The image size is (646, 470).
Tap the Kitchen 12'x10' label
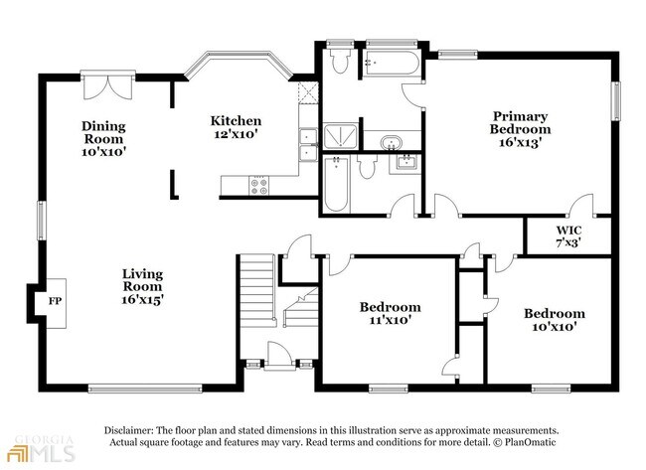tap(236, 128)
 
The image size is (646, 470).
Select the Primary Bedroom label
tap(520, 129)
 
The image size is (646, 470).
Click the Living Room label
tap(142, 285)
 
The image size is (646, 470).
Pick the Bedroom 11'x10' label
tap(389, 314)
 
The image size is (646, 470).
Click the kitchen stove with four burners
tap(259, 183)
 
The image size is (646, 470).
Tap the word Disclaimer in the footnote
tap(135, 430)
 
